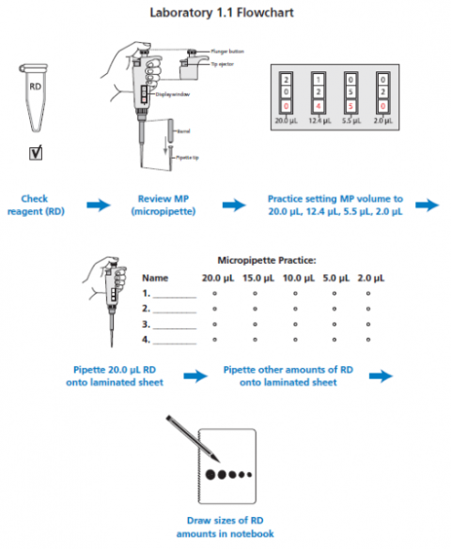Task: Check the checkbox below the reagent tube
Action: click(x=35, y=153)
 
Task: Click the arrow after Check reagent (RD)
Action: click(x=97, y=206)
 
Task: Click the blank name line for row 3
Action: click(x=175, y=323)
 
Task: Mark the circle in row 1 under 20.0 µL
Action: click(x=216, y=294)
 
